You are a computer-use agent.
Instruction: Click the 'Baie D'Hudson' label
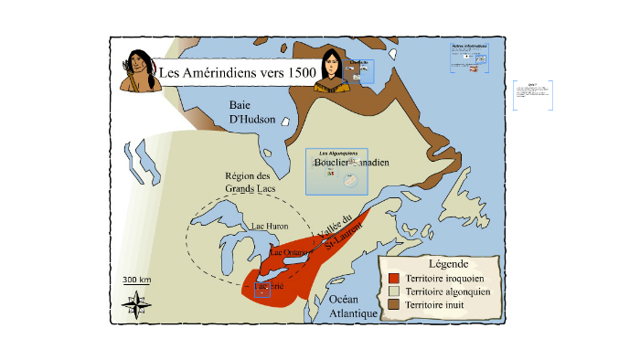252,111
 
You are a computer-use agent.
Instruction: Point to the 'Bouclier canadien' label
351,162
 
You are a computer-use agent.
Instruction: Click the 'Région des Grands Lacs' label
250,182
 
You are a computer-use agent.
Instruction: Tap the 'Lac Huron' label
269,225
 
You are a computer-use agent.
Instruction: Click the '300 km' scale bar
136,281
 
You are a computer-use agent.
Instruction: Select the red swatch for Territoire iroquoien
394,278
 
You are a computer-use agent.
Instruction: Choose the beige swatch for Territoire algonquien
394,291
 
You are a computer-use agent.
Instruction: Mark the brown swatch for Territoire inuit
394,303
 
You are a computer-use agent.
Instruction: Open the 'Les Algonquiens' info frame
336,171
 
